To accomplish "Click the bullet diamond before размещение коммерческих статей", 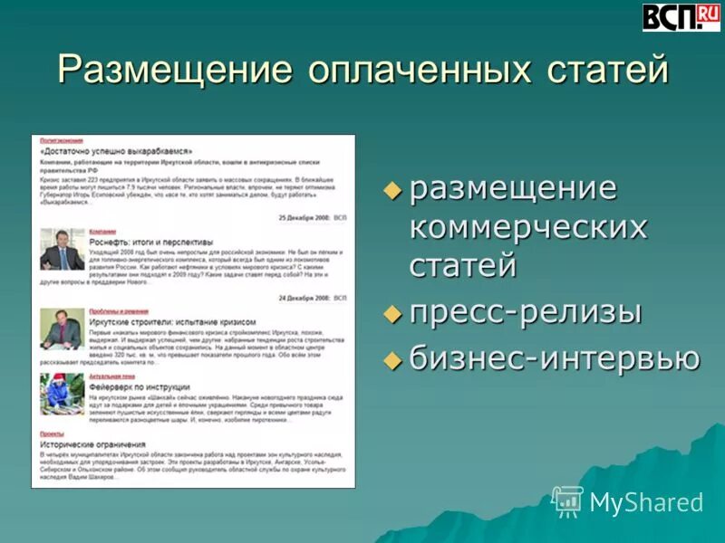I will click(392, 191).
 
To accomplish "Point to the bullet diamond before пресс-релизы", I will click(392, 313).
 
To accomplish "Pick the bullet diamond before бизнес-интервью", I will click(392, 358).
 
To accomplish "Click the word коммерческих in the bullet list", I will click(528, 226).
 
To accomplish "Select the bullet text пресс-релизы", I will click(526, 312).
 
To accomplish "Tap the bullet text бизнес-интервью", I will click(555, 358).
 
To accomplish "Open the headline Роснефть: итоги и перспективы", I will click(150, 243).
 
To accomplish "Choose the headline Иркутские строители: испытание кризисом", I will click(172, 321).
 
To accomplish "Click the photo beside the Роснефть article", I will click(62, 250).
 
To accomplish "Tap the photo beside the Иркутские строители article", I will click(62, 329).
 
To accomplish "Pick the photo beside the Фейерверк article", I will click(62, 394).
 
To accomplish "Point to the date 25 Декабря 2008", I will click(304, 218).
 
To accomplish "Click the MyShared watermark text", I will click(645, 502).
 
